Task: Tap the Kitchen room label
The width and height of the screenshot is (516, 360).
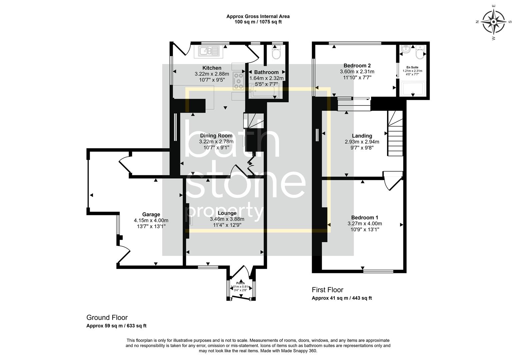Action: coord(212,68)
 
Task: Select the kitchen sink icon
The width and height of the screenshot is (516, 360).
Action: coord(209,51)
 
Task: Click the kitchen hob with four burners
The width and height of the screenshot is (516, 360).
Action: coord(239,81)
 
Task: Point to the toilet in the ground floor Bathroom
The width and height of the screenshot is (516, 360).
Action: coord(277,53)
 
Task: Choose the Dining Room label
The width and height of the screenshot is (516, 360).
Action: coord(216,136)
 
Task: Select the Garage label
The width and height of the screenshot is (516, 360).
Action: coord(151,214)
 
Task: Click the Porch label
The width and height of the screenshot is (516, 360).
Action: coord(240,283)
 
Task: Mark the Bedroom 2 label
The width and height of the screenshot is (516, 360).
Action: coord(357,66)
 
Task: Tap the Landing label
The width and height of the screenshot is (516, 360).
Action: coord(362,136)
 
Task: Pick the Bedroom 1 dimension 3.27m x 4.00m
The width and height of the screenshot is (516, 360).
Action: coord(365,224)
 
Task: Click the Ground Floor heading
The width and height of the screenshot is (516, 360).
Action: coord(107,318)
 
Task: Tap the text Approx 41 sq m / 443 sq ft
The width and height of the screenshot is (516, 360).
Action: coord(342,298)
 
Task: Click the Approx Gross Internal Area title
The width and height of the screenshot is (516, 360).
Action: coord(258,16)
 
